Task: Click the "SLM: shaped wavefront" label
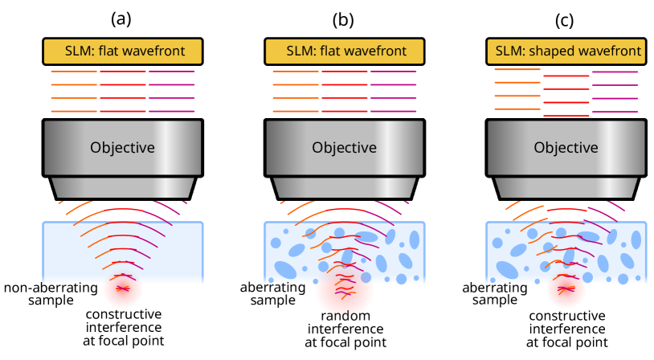click(x=567, y=51)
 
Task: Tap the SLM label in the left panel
click(x=122, y=51)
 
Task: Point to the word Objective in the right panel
click(x=566, y=148)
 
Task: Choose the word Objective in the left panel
click(x=122, y=148)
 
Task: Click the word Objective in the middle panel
click(x=344, y=148)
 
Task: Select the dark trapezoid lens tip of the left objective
click(x=122, y=187)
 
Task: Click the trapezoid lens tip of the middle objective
click(x=344, y=187)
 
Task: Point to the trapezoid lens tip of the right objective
click(x=566, y=187)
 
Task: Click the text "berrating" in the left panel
click(x=68, y=288)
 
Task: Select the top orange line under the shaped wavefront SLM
click(x=517, y=70)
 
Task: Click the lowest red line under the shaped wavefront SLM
click(x=566, y=116)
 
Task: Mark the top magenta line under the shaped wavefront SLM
click(x=615, y=72)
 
